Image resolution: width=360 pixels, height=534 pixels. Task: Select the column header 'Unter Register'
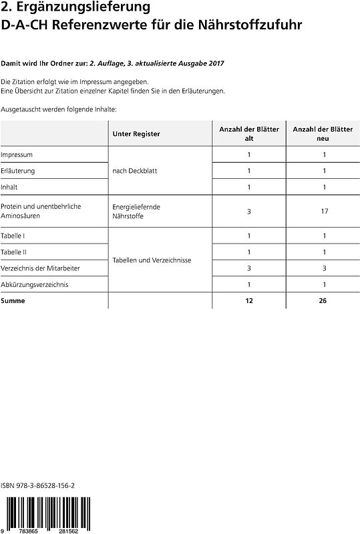click(x=136, y=133)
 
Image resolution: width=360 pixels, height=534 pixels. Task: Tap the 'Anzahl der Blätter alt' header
click(x=249, y=133)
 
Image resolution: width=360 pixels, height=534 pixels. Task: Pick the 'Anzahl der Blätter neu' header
click(x=323, y=133)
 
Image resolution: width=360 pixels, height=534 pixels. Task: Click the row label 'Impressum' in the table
click(x=17, y=155)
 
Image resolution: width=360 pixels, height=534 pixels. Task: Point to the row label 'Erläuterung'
click(x=18, y=171)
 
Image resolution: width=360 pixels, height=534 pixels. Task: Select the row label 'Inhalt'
click(x=9, y=187)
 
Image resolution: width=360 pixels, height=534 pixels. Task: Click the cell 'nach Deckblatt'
click(x=135, y=171)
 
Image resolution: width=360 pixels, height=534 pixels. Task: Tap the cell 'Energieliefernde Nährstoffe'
click(x=136, y=211)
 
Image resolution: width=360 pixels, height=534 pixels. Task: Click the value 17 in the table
click(x=323, y=211)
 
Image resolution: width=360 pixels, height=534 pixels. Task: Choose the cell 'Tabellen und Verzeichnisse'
click(x=152, y=260)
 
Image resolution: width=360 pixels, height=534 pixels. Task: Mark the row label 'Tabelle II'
click(x=15, y=252)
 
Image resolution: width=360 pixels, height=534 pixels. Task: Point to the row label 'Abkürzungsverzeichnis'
click(x=34, y=284)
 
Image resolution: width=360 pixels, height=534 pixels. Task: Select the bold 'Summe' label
click(x=13, y=300)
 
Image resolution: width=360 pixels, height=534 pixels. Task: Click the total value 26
click(x=323, y=300)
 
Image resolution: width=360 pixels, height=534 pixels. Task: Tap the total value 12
click(x=249, y=300)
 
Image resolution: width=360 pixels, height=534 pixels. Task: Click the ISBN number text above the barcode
click(x=38, y=489)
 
